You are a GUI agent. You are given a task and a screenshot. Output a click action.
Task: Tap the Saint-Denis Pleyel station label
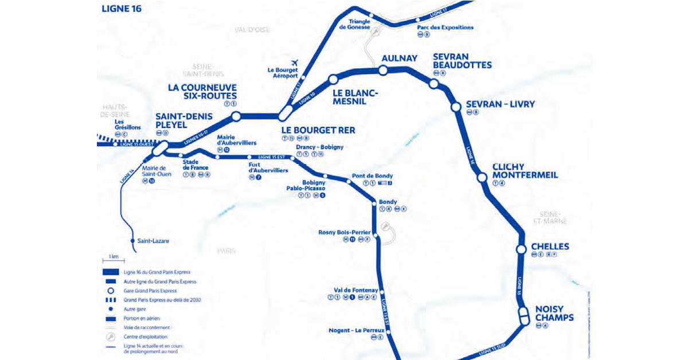click(184, 120)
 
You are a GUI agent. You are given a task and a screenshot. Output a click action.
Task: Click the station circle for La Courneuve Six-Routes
click(235, 116)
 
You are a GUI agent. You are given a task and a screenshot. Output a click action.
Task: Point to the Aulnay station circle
click(382, 70)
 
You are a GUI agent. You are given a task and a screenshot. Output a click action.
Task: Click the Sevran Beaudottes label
click(462, 61)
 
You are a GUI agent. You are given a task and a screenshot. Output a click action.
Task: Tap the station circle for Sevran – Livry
click(456, 107)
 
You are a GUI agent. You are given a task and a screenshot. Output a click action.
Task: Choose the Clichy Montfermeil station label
click(525, 171)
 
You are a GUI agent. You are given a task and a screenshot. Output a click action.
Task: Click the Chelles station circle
click(521, 249)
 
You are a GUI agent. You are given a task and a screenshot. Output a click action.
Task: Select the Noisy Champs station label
click(554, 312)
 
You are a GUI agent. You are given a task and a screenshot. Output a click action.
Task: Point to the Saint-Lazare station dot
click(132, 241)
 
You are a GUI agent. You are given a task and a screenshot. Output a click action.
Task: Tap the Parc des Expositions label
click(445, 27)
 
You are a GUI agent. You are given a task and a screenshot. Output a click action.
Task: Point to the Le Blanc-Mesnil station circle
click(333, 80)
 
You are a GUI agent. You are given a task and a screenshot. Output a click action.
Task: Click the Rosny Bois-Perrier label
click(345, 232)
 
